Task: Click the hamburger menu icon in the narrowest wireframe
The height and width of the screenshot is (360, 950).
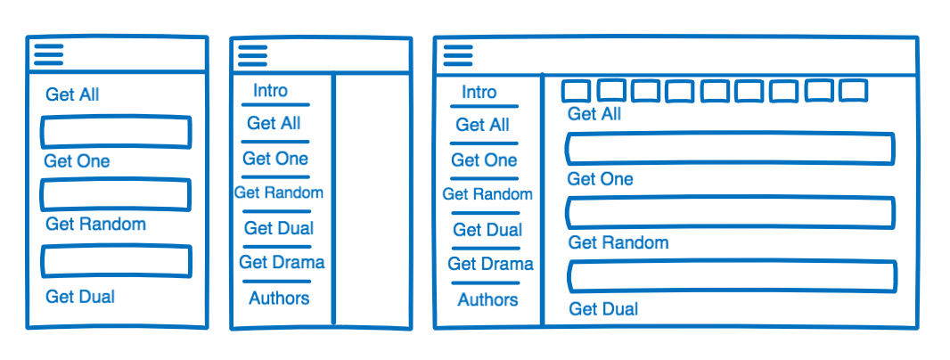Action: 48,55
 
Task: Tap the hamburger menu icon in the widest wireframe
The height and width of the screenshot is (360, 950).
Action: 457,55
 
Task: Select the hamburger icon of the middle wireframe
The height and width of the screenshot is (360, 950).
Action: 252,57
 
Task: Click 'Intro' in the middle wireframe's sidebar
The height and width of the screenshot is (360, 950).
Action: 270,91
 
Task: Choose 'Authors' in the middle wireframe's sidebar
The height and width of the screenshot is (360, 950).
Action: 279,299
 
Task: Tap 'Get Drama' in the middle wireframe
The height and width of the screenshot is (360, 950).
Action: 282,263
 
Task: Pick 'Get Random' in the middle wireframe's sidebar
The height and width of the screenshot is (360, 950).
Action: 279,192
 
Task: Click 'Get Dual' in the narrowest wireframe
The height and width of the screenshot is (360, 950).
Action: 79,297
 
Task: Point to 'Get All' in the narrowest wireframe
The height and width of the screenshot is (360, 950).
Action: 72,94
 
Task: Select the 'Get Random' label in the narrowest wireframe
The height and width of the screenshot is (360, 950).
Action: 94,225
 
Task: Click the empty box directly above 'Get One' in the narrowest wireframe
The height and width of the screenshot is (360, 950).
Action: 116,133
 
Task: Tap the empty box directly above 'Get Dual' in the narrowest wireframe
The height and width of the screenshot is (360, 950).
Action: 116,260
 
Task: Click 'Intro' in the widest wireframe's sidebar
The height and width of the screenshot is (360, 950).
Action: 479,93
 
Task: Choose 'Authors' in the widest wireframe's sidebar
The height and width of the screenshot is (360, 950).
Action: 487,300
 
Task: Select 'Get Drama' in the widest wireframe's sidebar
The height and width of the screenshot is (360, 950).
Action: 490,265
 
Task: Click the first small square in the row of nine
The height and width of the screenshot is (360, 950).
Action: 576,91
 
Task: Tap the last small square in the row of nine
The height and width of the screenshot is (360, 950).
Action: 853,90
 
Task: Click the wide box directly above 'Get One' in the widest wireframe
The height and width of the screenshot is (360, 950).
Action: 730,149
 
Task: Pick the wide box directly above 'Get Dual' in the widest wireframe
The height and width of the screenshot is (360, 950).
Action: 732,276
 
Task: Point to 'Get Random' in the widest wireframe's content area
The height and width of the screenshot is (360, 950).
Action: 618,242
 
